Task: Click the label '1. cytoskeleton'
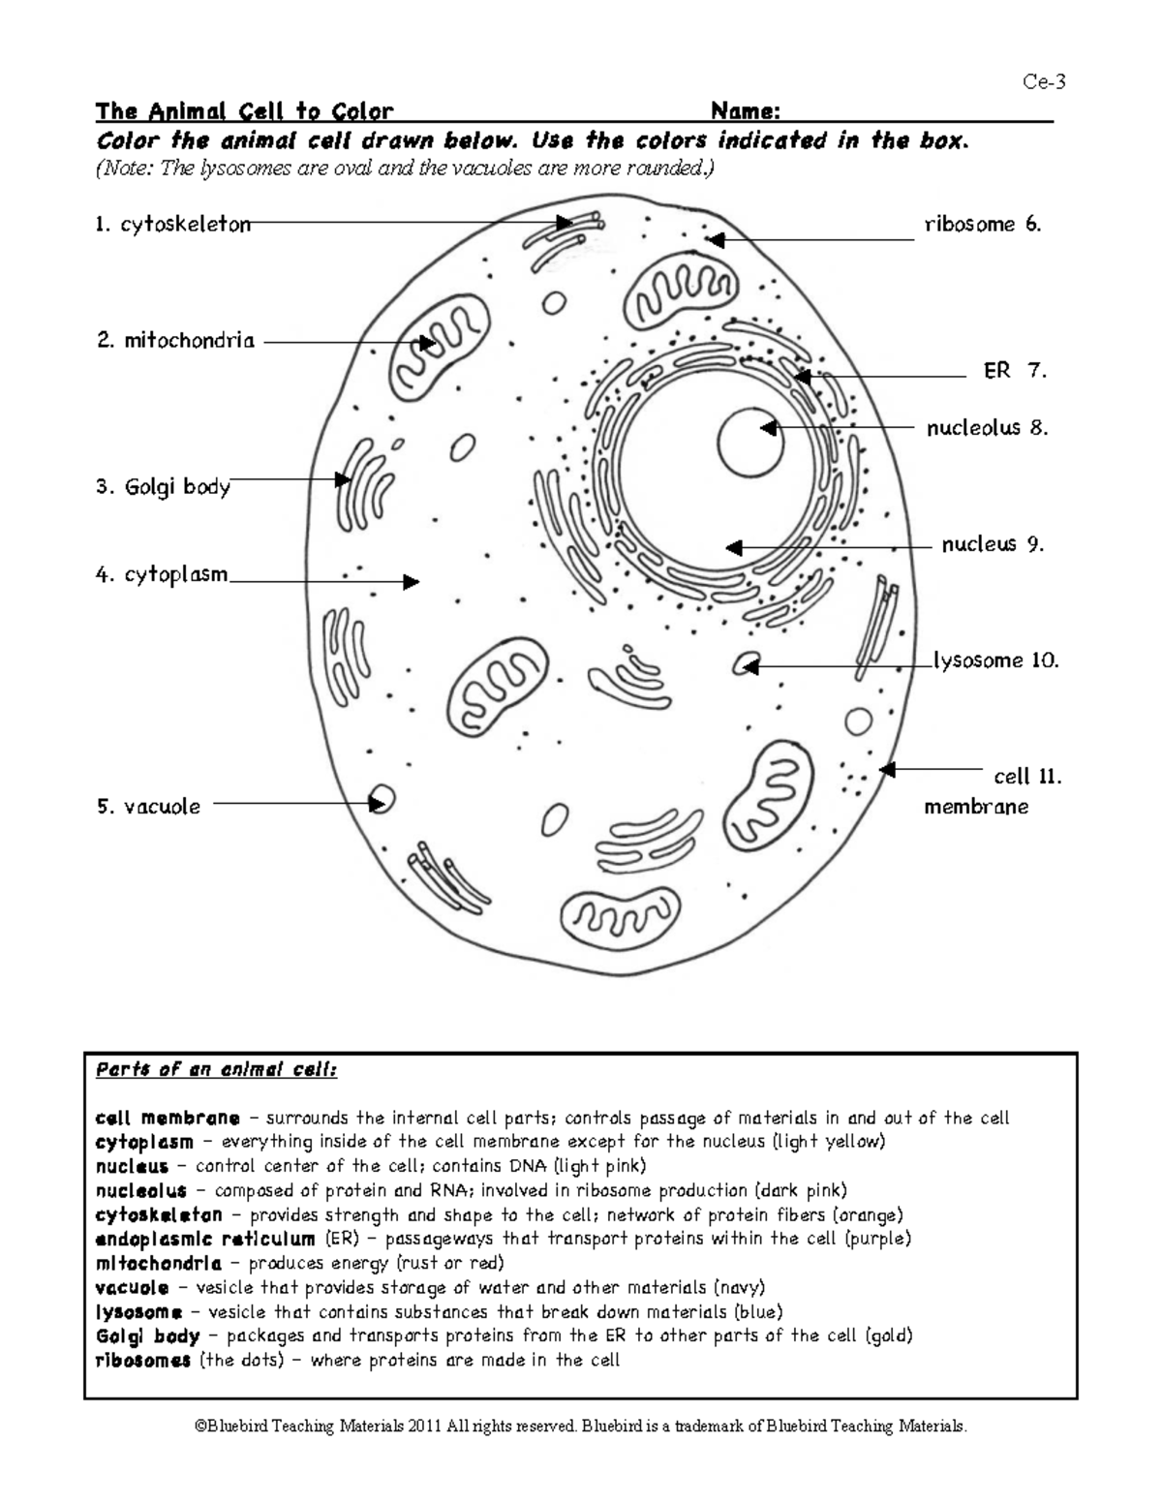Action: tap(172, 225)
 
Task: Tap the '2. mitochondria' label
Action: tap(175, 341)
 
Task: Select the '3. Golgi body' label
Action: tap(163, 486)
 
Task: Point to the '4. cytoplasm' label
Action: tap(162, 574)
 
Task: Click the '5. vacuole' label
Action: tap(148, 806)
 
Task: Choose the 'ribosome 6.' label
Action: tap(982, 225)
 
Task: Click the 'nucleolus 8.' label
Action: tap(987, 427)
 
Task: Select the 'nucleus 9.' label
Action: tap(993, 544)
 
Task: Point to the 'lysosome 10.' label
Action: tap(995, 660)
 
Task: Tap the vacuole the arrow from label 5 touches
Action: tap(383, 799)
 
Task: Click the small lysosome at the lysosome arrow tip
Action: tap(745, 664)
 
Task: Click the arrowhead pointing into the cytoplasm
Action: tap(412, 582)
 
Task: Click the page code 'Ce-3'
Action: tap(1044, 81)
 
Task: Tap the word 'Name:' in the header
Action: tap(746, 110)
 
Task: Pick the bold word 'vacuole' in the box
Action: tap(132, 1288)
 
